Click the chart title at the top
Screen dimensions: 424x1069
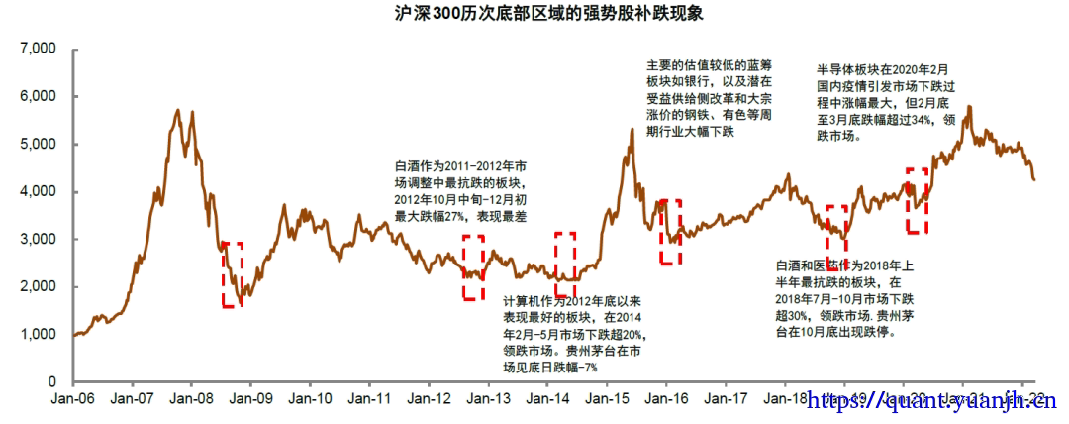coord(534,13)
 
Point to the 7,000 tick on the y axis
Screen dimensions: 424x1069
coord(38,49)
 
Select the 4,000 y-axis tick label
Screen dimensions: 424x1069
coord(38,191)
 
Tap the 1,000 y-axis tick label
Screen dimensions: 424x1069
coord(38,334)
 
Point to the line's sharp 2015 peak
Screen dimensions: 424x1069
coord(632,129)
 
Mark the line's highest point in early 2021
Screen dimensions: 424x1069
coord(968,107)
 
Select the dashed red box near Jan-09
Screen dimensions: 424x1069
coord(233,274)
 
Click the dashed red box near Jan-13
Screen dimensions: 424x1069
coord(474,267)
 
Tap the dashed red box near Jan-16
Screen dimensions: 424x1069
coord(671,232)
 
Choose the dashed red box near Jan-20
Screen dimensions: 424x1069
coord(918,201)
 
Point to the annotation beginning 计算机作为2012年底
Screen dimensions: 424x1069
coord(578,333)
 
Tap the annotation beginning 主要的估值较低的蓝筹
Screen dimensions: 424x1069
coord(710,97)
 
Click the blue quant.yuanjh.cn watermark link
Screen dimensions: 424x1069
coord(933,402)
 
